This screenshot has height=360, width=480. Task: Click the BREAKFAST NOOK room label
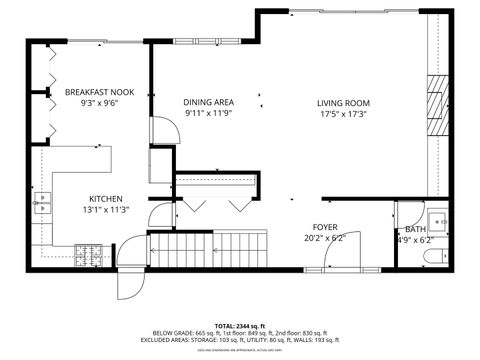[100, 91]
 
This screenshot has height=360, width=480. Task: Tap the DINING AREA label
[208, 102]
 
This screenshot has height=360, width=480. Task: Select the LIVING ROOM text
[344, 102]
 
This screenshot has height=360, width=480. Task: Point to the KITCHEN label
[106, 198]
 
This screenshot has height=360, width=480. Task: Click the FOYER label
[324, 227]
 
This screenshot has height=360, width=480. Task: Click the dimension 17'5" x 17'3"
[344, 114]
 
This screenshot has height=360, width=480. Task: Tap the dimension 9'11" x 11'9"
[208, 114]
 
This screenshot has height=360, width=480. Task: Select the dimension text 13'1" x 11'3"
[106, 210]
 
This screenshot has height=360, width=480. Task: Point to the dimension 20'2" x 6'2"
[324, 238]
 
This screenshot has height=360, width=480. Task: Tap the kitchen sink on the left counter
[43, 207]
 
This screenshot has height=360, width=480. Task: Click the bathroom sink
[438, 221]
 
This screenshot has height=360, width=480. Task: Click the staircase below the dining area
[210, 248]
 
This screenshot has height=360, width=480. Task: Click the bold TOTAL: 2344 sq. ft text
[237, 326]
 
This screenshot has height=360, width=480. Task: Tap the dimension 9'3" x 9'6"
[100, 103]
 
